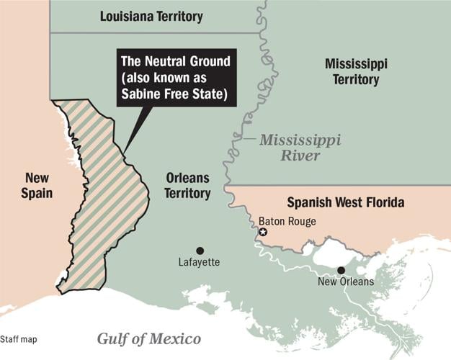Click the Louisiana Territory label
pos(151,16)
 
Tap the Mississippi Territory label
pos(355,72)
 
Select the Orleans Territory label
pos(187,185)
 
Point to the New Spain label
pos(36,185)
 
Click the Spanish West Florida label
pos(345,203)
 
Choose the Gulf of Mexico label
pos(149,339)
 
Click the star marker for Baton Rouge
pos(263,232)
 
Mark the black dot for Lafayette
pos(200,250)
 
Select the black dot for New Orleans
pos(341,270)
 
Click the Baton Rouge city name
pos(287,222)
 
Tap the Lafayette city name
pos(199,263)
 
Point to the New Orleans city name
pos(346,282)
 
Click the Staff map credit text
pos(19,339)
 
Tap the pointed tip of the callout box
pos(124,153)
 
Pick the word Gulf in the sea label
pos(113,339)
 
